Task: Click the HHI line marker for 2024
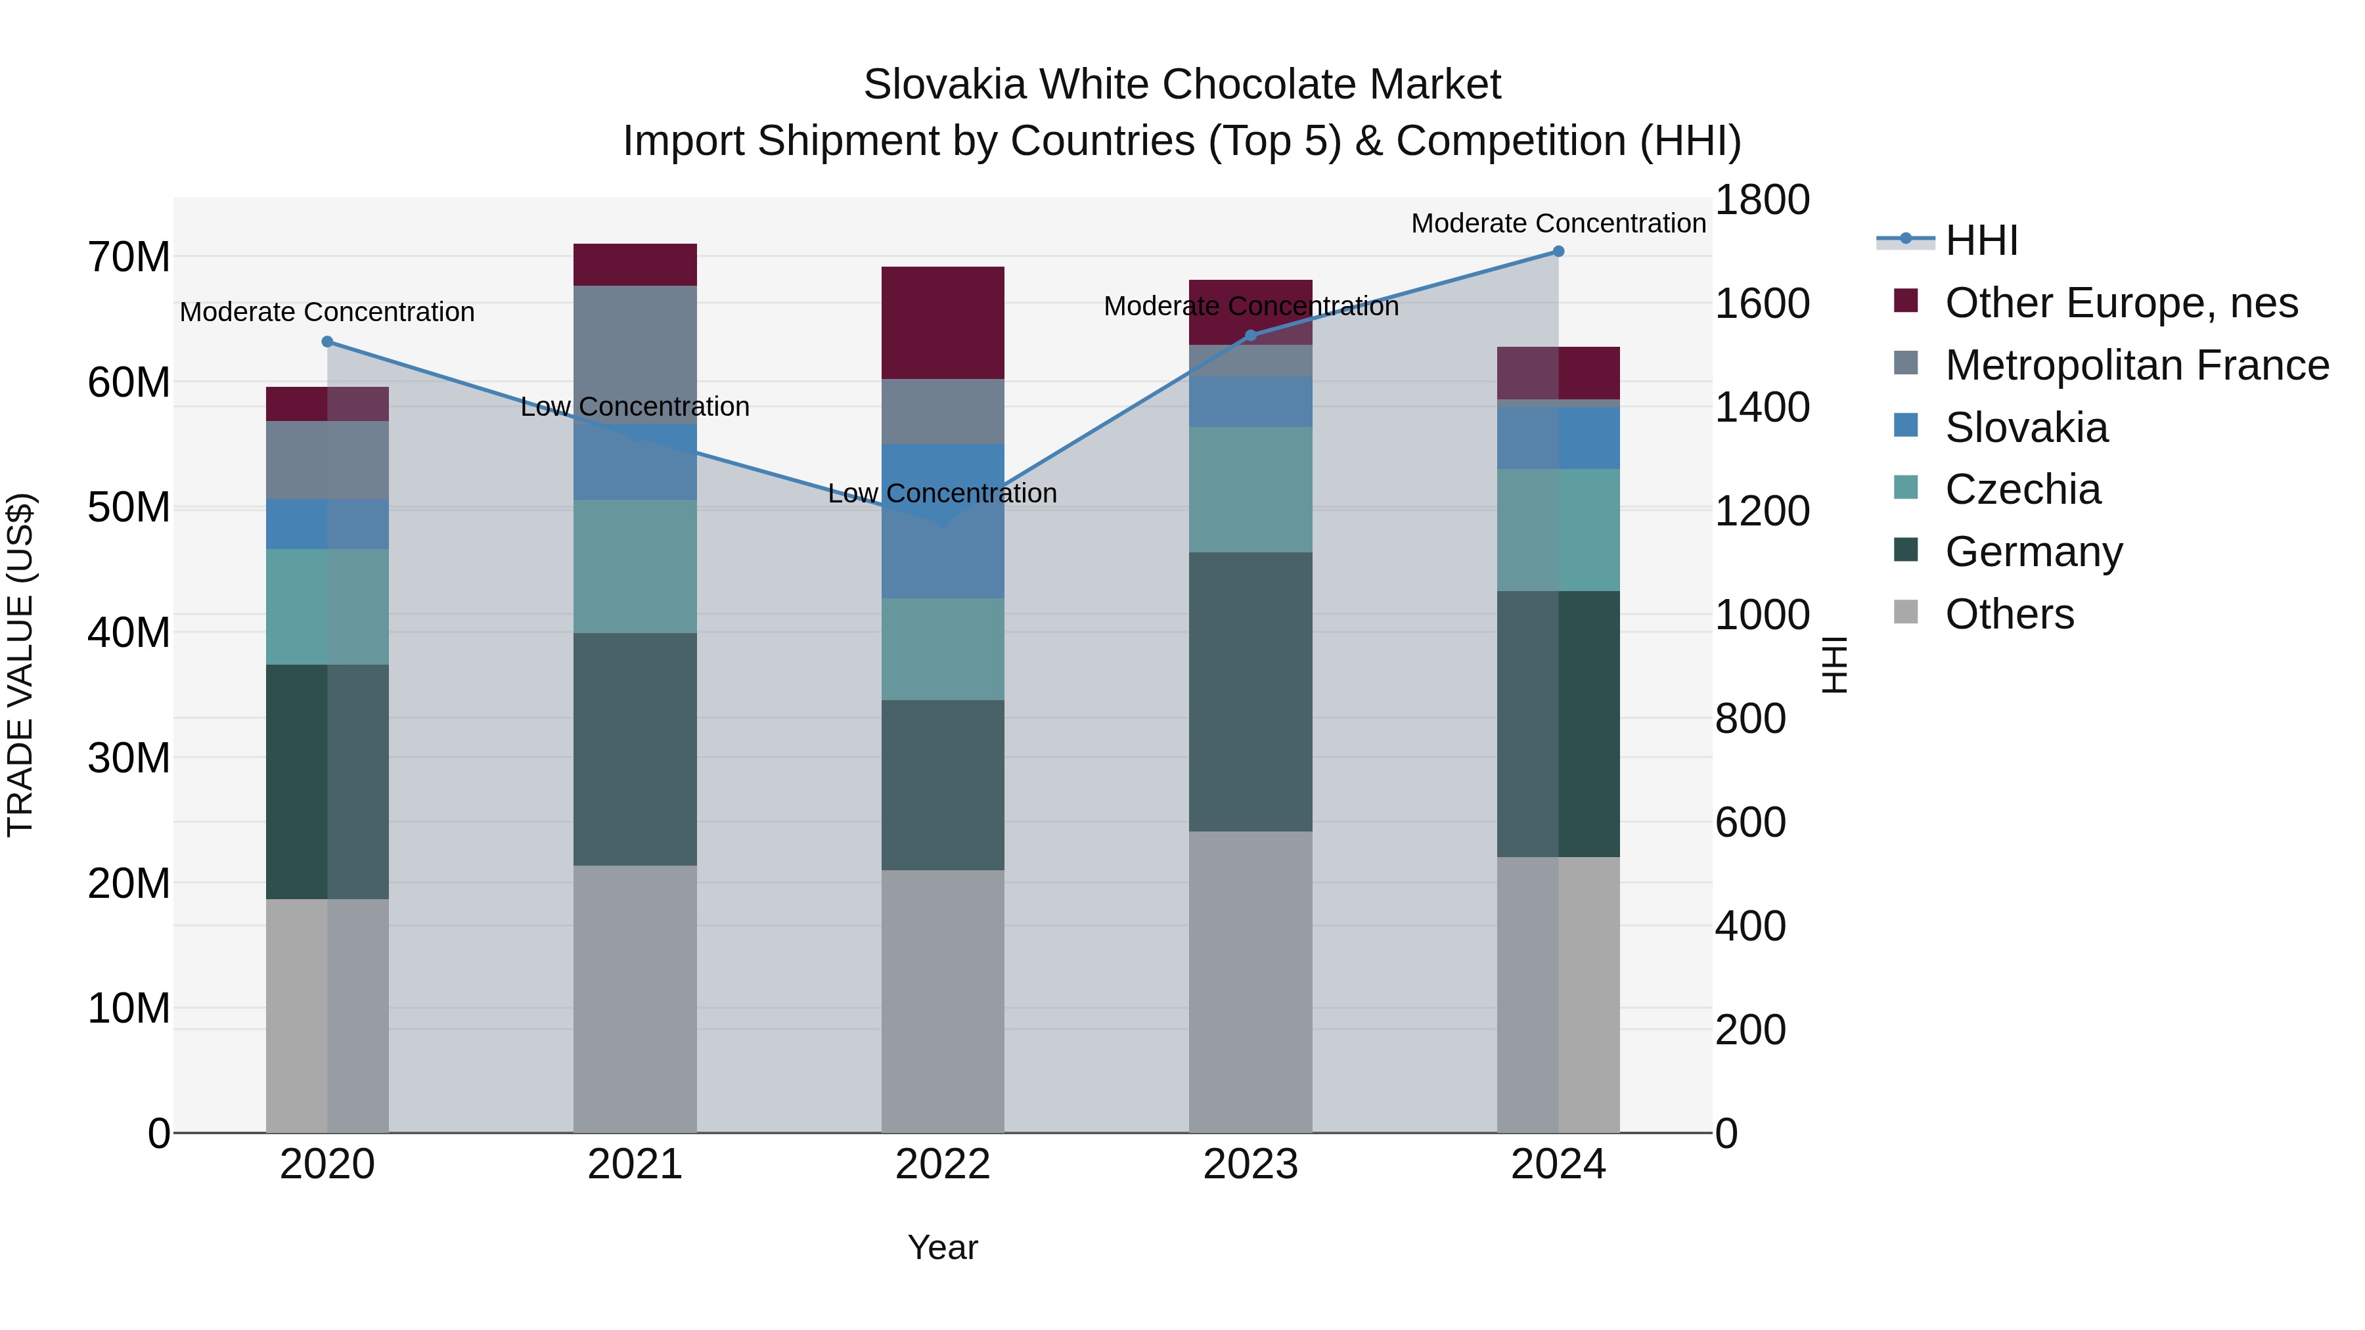1558,252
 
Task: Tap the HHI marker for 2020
328,342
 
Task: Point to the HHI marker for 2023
1250,336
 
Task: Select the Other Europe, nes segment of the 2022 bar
943,323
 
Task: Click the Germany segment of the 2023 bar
1250,692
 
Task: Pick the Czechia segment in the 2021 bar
635,566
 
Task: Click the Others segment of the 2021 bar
635,998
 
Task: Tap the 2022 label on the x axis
943,1164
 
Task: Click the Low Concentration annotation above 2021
635,407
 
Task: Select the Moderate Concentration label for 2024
1558,223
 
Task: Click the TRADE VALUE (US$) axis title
20,665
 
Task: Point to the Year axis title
943,1247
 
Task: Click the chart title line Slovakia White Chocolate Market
1182,85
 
